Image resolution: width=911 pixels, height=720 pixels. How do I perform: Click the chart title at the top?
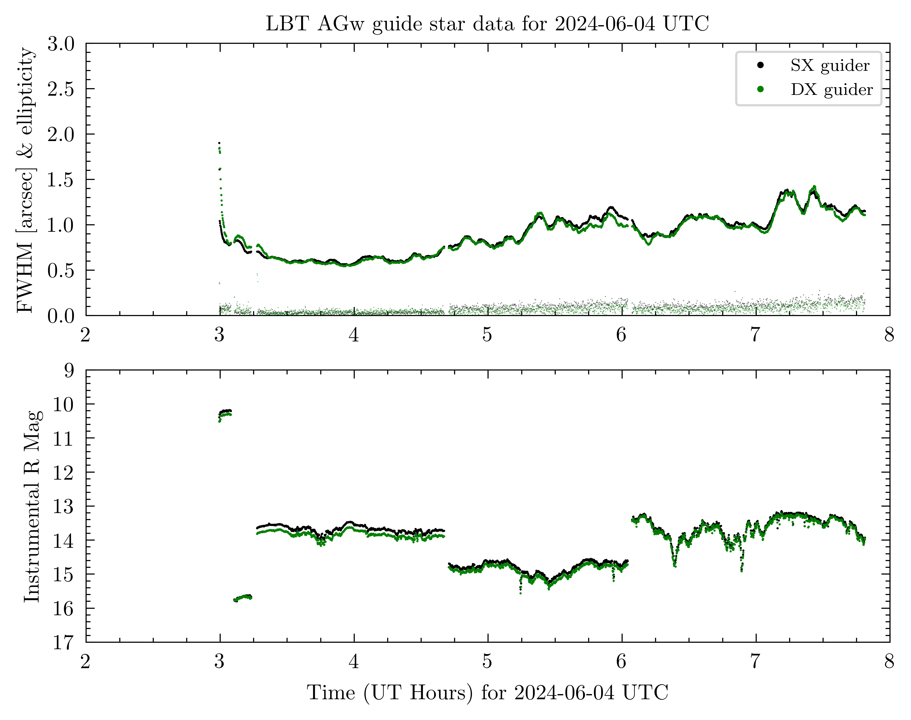click(487, 24)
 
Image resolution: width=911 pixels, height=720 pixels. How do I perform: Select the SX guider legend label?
click(830, 65)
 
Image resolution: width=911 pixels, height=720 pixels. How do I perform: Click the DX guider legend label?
click(831, 89)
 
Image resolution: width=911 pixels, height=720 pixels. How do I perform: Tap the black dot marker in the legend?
click(761, 65)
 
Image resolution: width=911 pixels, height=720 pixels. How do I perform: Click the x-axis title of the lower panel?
click(487, 692)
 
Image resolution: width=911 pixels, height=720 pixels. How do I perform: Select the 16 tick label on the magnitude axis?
click(63, 608)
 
